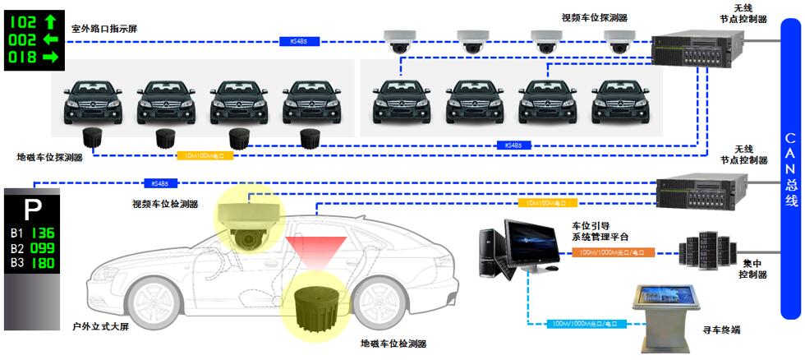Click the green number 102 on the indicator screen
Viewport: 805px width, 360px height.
[23, 21]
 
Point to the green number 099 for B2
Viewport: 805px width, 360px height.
[43, 247]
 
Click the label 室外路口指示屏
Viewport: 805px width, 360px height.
[104, 29]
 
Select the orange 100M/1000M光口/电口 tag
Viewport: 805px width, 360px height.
[612, 252]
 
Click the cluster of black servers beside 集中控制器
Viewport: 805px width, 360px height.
[705, 248]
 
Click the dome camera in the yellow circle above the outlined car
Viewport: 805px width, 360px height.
[249, 224]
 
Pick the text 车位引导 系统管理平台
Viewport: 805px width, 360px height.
[605, 231]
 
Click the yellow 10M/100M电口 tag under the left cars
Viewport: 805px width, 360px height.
[205, 155]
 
